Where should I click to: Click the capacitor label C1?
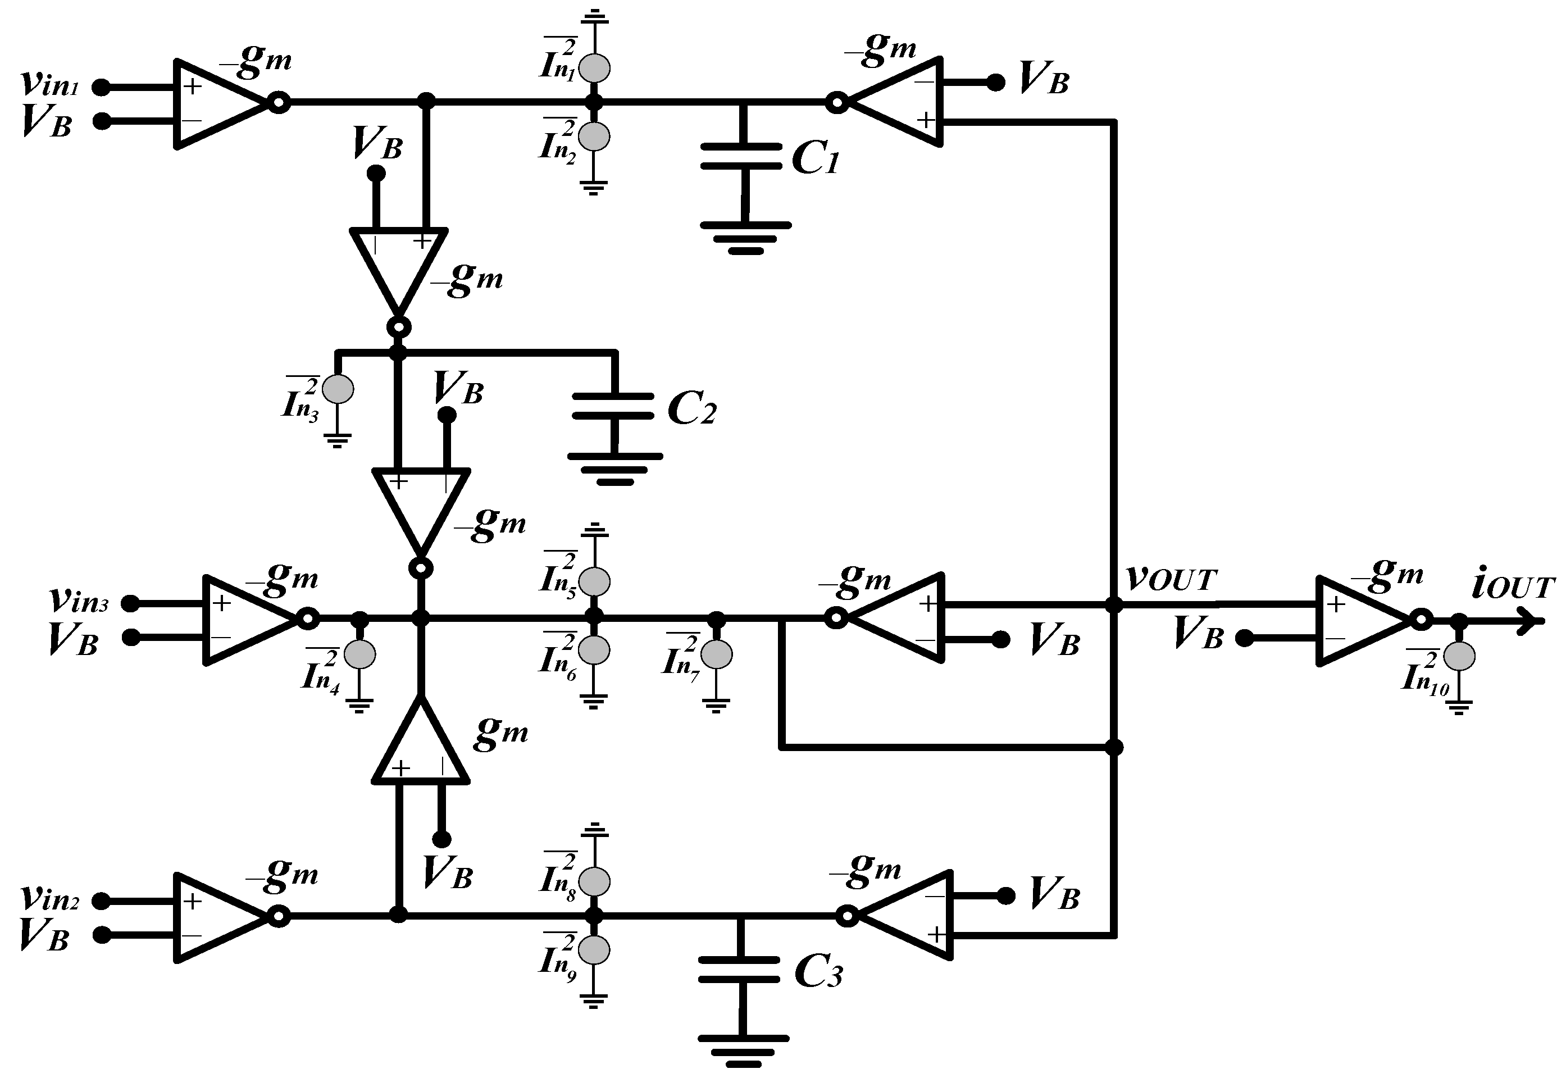814,158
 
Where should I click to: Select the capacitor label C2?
691,408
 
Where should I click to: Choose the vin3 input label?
78,601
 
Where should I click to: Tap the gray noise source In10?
1459,657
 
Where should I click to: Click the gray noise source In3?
338,389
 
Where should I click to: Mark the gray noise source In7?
716,654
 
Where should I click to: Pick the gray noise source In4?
359,654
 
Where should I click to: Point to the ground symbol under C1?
745,238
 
